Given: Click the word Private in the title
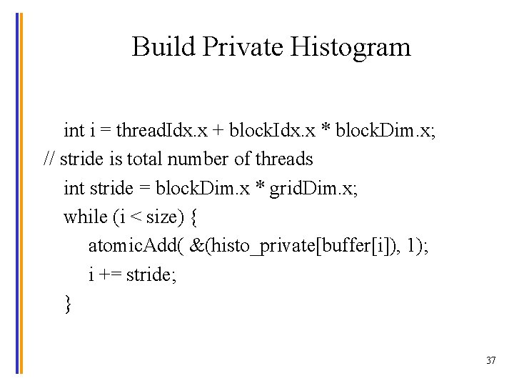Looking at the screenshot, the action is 243,47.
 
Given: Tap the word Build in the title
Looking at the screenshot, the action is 163,47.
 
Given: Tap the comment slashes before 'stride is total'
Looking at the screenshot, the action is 50,159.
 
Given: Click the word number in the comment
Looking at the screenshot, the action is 198,159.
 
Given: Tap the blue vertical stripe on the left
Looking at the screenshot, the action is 17,193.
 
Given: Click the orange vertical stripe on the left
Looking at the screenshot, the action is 21,193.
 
